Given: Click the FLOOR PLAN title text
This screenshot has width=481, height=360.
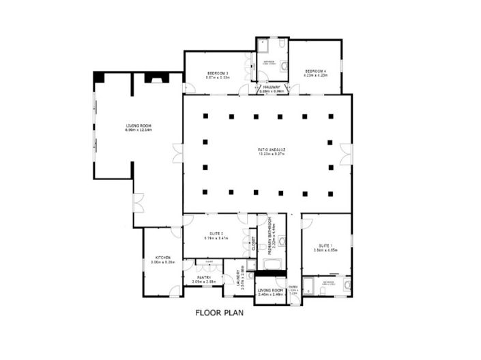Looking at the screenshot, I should [x=219, y=314].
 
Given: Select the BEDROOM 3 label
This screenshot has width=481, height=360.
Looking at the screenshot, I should [x=218, y=73].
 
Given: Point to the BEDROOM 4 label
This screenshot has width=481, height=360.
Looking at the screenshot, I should [x=316, y=71].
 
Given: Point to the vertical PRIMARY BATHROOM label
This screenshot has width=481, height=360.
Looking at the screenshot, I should [x=270, y=235].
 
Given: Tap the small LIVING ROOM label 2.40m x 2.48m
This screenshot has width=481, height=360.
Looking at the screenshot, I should [x=269, y=290].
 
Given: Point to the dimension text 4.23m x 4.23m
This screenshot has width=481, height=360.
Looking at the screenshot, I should [x=316, y=76].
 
